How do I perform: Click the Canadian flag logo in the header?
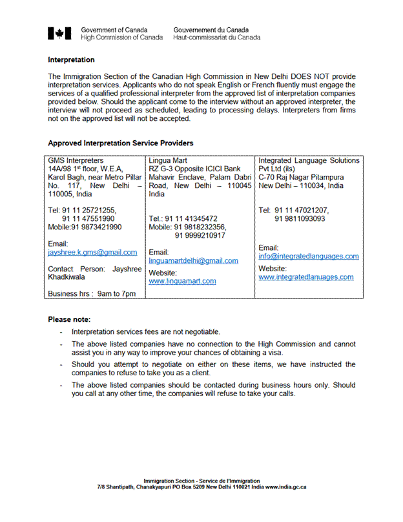59,34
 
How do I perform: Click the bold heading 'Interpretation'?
71,60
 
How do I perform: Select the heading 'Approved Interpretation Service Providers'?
120,143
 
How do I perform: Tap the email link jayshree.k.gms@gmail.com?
92,253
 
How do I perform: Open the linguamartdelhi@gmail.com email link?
193,261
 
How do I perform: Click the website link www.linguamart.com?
182,281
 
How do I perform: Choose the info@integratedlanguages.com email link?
308,256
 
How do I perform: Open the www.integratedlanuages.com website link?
305,277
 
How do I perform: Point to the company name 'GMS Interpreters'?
76,161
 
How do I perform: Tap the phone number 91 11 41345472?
191,219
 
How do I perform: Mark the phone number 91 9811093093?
300,219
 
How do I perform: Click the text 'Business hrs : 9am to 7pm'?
92,294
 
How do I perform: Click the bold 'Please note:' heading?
69,319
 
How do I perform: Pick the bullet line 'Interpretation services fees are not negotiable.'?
145,331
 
